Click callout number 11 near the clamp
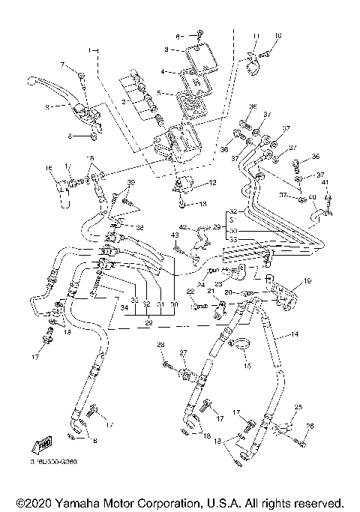point(256,35)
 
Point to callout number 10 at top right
point(278,35)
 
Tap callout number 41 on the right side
point(326,182)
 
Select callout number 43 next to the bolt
point(174,236)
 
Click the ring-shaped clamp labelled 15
point(242,345)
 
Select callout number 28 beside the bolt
point(160,344)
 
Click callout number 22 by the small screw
point(190,291)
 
